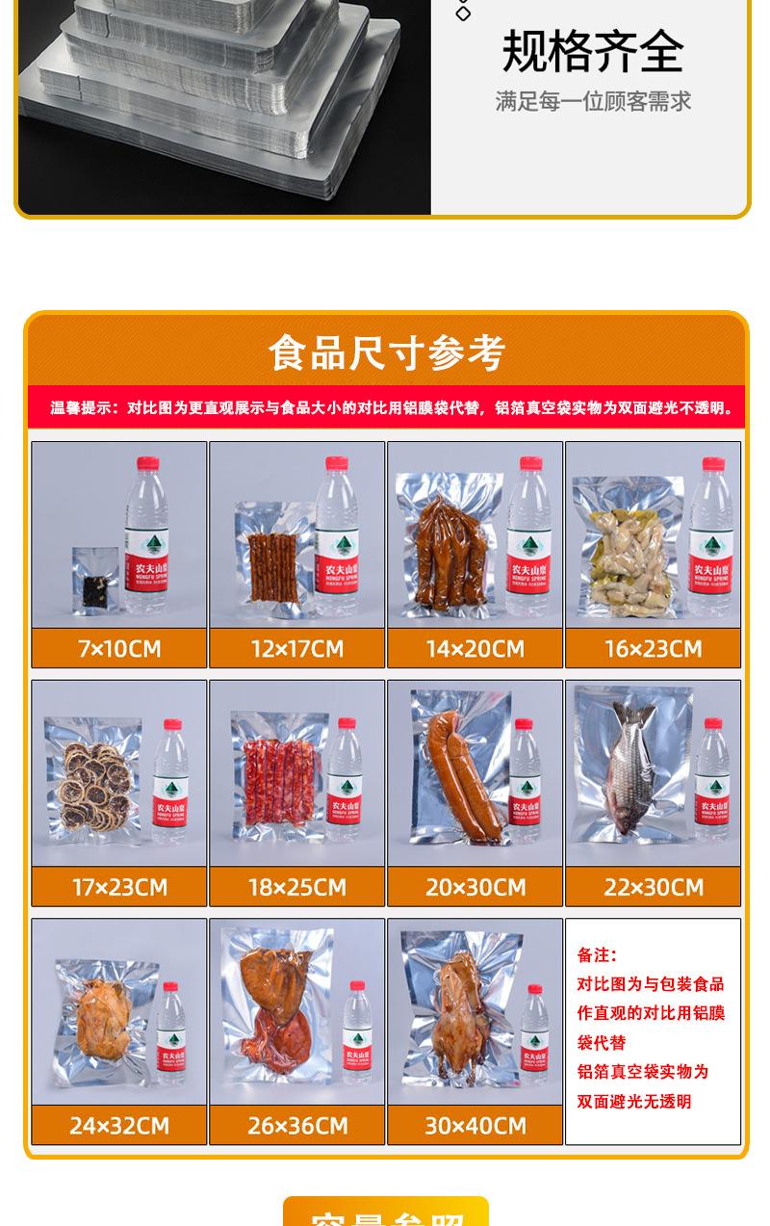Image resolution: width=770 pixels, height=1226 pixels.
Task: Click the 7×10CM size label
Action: coord(119,648)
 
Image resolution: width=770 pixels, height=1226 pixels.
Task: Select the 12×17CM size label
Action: coord(297,648)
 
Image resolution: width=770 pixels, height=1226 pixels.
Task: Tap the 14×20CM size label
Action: coord(475,648)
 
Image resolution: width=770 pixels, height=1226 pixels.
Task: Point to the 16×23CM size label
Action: coord(654,648)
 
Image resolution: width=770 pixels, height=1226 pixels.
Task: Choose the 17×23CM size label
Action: coord(119,887)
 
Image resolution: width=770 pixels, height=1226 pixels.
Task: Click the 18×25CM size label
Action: coord(297,887)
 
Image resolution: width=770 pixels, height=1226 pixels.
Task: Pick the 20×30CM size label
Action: coord(475,887)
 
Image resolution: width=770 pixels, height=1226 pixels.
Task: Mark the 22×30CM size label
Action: coord(654,887)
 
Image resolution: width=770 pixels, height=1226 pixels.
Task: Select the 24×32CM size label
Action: coord(119,1125)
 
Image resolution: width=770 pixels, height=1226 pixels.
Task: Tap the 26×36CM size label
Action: coord(297,1125)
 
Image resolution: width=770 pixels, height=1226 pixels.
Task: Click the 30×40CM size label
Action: coord(475,1125)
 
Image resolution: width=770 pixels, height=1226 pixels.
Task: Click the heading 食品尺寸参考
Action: coord(386,352)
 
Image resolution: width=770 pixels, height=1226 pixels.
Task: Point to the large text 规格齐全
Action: coord(593,52)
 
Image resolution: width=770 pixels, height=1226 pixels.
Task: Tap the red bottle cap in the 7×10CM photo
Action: coord(147,464)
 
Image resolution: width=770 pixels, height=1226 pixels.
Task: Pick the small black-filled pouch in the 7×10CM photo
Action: coord(96,584)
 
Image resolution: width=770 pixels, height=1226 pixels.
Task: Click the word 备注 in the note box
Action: coord(597,955)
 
